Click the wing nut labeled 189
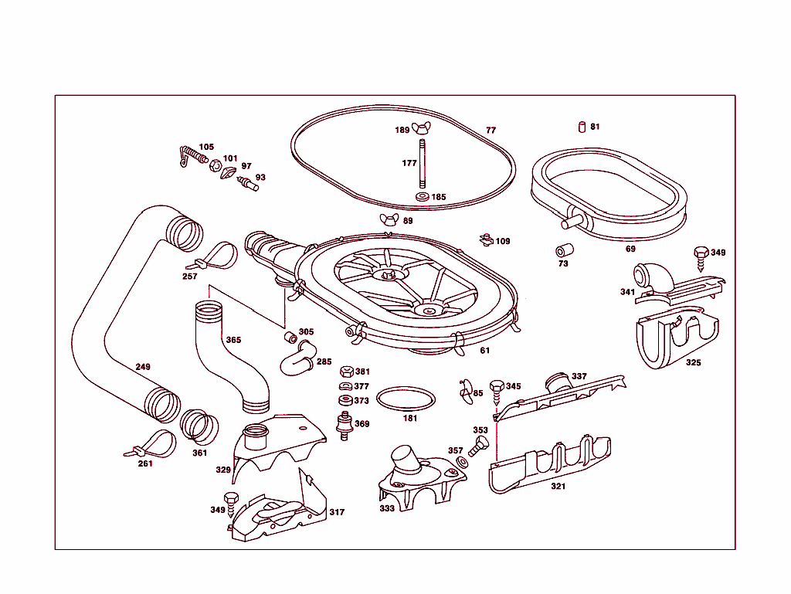pyautogui.click(x=423, y=127)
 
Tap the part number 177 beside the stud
pyautogui.click(x=409, y=163)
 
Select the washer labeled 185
pyautogui.click(x=423, y=198)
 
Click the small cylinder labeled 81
pyautogui.click(x=581, y=127)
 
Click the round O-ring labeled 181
pyautogui.click(x=406, y=399)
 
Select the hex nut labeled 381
pyautogui.click(x=347, y=372)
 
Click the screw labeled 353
pyautogui.click(x=480, y=443)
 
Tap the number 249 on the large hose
pyautogui.click(x=143, y=367)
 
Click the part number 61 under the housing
pyautogui.click(x=484, y=351)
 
